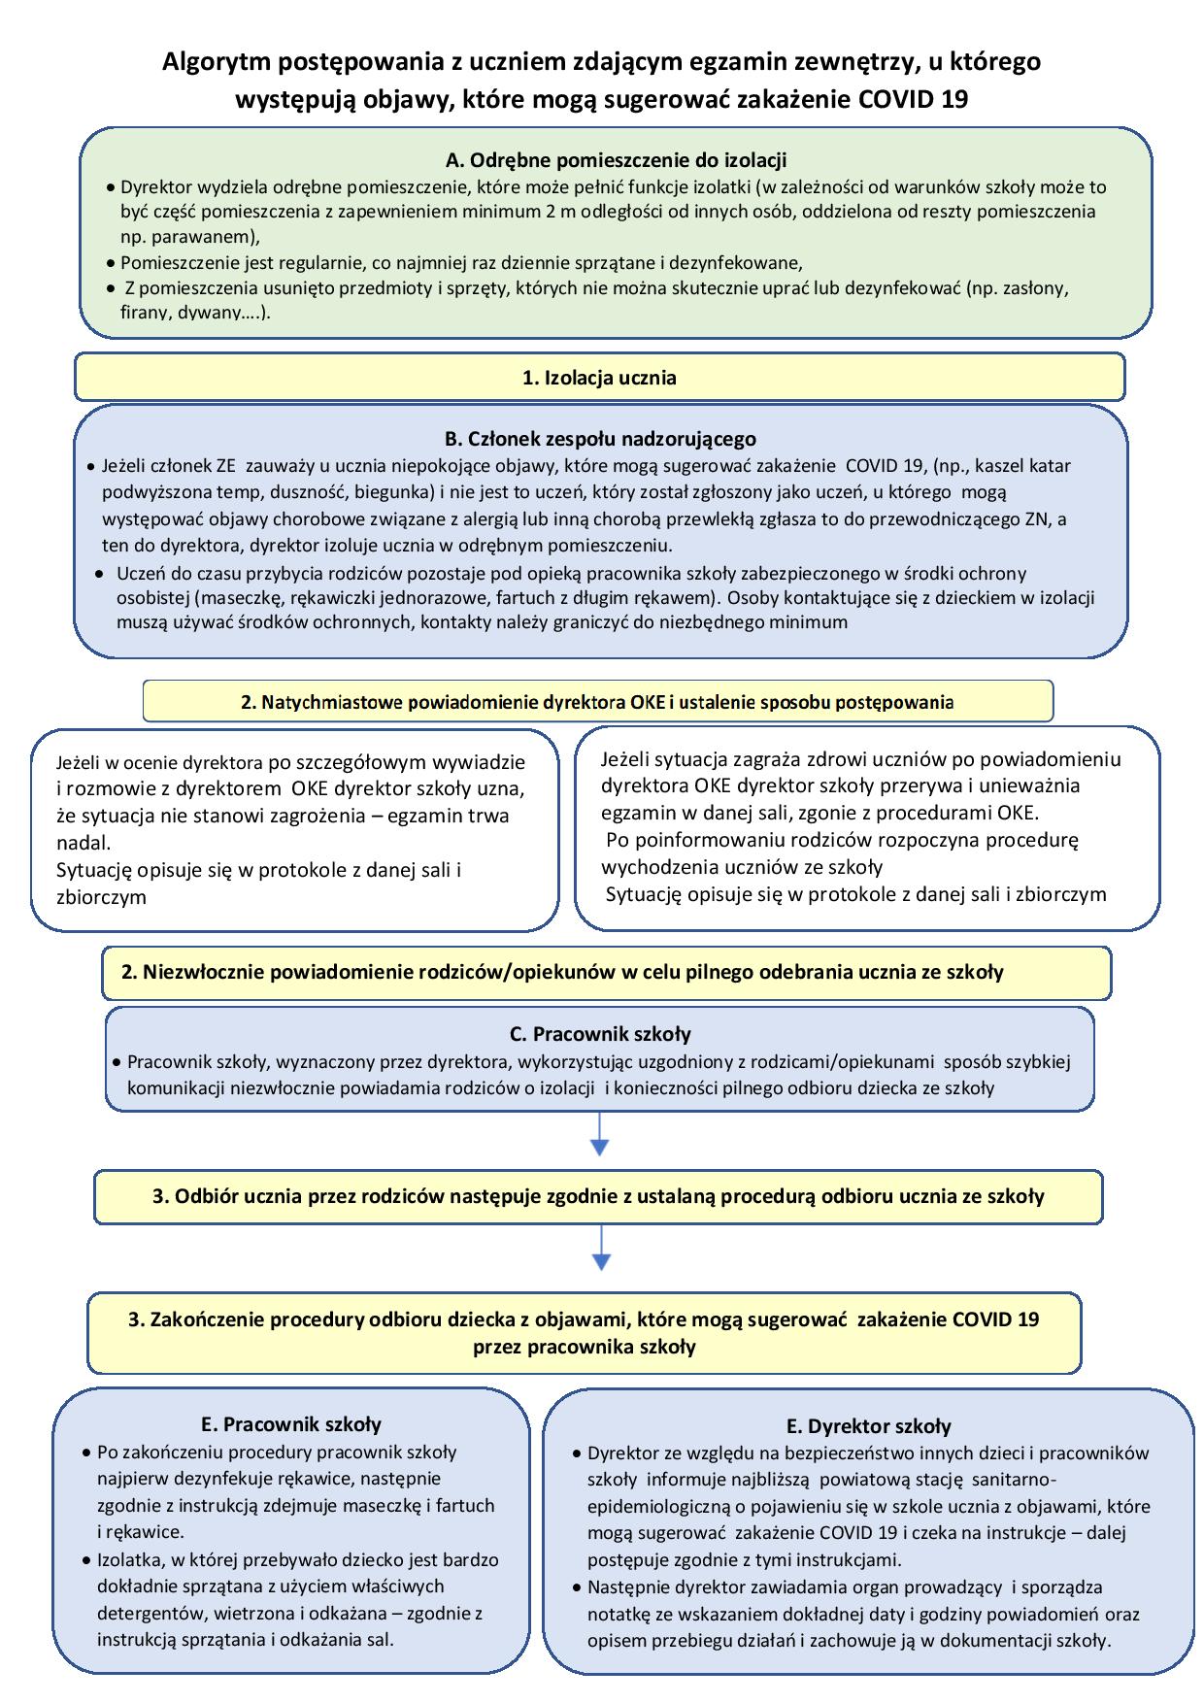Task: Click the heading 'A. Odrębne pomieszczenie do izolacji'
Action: [615, 160]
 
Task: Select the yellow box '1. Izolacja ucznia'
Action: [599, 378]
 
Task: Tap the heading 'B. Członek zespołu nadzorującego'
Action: [600, 439]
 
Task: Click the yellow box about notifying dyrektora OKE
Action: [597, 702]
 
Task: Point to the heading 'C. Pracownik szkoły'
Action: [600, 1034]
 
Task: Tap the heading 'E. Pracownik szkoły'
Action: [291, 1424]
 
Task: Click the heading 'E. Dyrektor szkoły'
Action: [868, 1426]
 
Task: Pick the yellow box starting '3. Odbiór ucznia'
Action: [598, 1196]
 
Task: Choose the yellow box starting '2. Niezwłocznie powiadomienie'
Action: [606, 972]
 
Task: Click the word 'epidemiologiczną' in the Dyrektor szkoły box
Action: [656, 1506]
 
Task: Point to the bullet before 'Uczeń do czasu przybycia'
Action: [100, 573]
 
